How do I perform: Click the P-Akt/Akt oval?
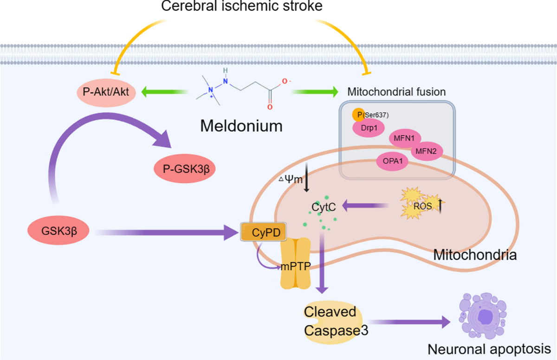pyautogui.click(x=106, y=92)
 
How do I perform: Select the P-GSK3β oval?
pyautogui.click(x=185, y=169)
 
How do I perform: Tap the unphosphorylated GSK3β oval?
pyautogui.click(x=58, y=231)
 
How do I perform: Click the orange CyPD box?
pyautogui.click(x=263, y=232)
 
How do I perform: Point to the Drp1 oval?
pyautogui.click(x=369, y=128)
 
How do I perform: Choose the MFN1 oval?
pyautogui.click(x=405, y=138)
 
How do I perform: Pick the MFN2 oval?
pyautogui.click(x=427, y=151)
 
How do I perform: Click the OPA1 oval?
pyautogui.click(x=392, y=161)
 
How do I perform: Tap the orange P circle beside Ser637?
pyautogui.click(x=358, y=115)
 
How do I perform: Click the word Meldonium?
pyautogui.click(x=241, y=126)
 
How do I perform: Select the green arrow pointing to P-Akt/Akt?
pyautogui.click(x=165, y=92)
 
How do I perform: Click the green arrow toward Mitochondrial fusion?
pyautogui.click(x=315, y=92)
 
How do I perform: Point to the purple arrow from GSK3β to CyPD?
pyautogui.click(x=166, y=232)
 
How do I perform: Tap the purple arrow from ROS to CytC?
pyautogui.click(x=366, y=206)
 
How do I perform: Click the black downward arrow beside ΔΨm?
pyautogui.click(x=307, y=177)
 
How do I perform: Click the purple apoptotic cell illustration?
pyautogui.click(x=482, y=316)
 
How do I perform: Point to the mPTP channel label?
pyautogui.click(x=296, y=266)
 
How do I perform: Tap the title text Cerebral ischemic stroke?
pyautogui.click(x=242, y=6)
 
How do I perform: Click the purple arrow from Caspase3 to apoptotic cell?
pyautogui.click(x=409, y=322)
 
